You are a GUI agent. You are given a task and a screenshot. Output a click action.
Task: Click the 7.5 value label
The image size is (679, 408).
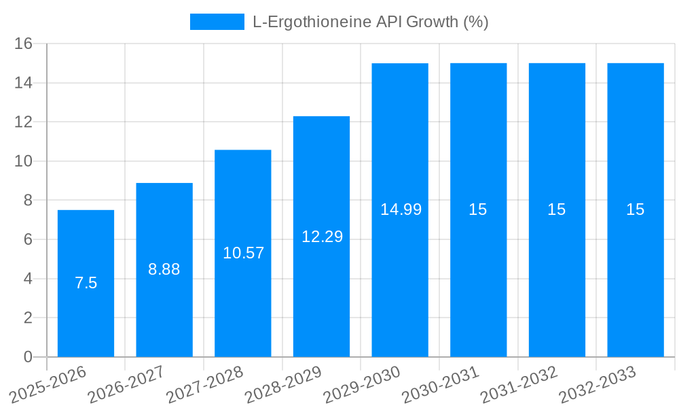(x=86, y=283)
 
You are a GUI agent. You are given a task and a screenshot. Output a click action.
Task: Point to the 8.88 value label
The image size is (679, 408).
(x=164, y=269)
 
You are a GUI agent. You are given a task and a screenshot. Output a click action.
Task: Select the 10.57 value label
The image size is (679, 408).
(x=243, y=253)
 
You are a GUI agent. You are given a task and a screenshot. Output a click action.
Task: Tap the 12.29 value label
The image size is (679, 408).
(x=322, y=237)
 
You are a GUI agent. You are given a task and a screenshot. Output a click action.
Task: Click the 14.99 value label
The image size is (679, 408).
(x=401, y=209)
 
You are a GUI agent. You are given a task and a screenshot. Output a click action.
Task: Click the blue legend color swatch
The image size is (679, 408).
(x=217, y=22)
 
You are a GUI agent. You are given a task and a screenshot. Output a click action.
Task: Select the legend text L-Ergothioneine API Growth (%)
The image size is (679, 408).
(x=371, y=22)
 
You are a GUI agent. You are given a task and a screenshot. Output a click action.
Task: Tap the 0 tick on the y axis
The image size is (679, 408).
(x=28, y=357)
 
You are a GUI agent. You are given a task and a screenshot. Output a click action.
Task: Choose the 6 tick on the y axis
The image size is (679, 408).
(x=28, y=240)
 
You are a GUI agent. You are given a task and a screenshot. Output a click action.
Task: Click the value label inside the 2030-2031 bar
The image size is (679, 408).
(x=478, y=209)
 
